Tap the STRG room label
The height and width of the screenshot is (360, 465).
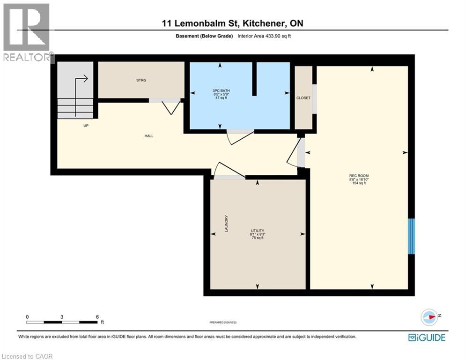click(x=141, y=80)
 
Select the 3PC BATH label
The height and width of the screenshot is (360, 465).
click(x=220, y=90)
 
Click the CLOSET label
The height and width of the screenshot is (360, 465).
click(x=303, y=98)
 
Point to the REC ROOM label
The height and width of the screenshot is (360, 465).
click(x=359, y=176)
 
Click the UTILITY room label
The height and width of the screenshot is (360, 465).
click(x=258, y=231)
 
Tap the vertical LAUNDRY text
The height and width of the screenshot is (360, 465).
click(x=226, y=224)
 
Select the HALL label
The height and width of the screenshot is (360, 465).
click(x=149, y=136)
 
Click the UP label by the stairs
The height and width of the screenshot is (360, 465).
click(x=86, y=126)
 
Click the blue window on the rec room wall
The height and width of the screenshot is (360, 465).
click(x=411, y=236)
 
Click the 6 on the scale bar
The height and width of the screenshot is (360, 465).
click(x=97, y=317)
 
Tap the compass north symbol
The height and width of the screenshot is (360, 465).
click(x=429, y=317)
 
